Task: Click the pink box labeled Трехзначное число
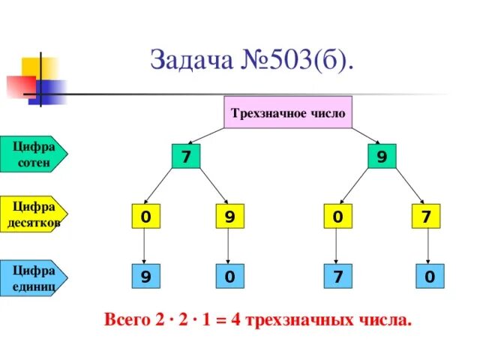288,113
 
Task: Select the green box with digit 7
185,157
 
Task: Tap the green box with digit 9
382,157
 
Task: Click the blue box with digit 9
144,277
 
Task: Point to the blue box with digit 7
338,277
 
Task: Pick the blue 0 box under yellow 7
427,277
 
